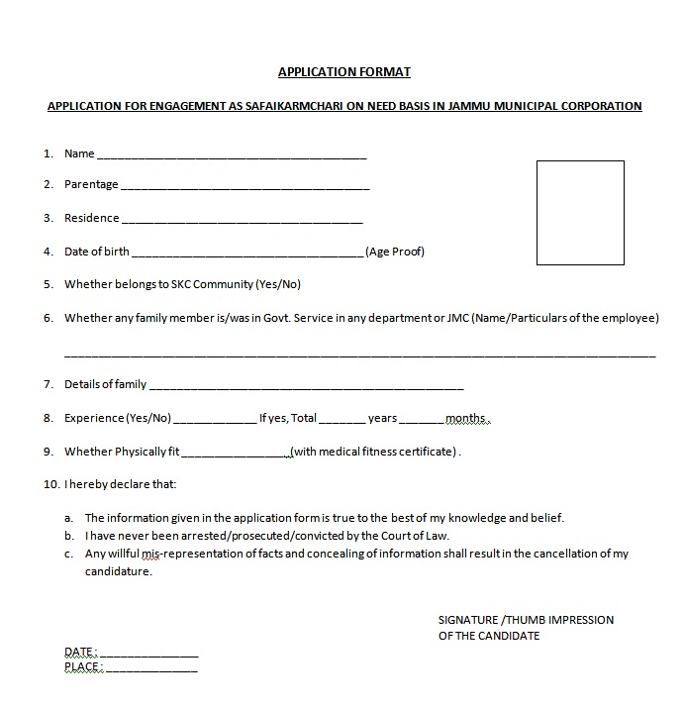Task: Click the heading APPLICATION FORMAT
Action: coord(343,72)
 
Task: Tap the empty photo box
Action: coord(580,213)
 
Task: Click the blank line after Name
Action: coord(232,156)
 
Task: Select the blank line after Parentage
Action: coord(244,187)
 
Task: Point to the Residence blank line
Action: coord(242,221)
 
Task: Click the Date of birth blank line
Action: coord(247,254)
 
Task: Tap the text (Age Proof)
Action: coord(395,252)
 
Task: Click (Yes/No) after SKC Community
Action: coord(278,285)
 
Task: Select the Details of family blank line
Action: coord(306,387)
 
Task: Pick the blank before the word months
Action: coord(423,421)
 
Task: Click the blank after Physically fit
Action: coord(236,455)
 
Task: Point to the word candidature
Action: coord(118,571)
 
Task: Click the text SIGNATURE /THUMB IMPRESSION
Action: coord(526,620)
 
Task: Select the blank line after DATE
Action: coord(148,656)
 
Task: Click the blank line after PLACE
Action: coord(151,670)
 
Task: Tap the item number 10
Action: coord(50,484)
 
